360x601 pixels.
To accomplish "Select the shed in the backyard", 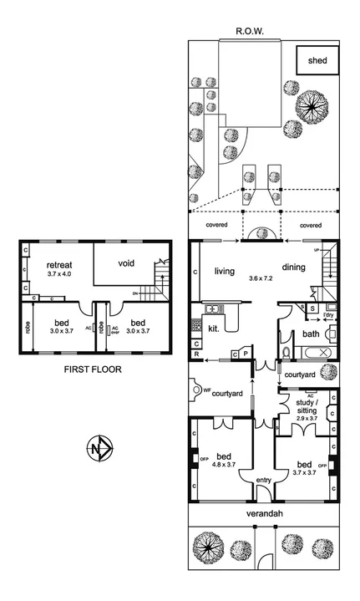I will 317,61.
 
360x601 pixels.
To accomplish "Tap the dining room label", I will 294,267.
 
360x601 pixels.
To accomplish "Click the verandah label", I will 263,512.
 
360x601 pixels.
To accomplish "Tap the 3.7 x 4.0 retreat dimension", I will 59,273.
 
